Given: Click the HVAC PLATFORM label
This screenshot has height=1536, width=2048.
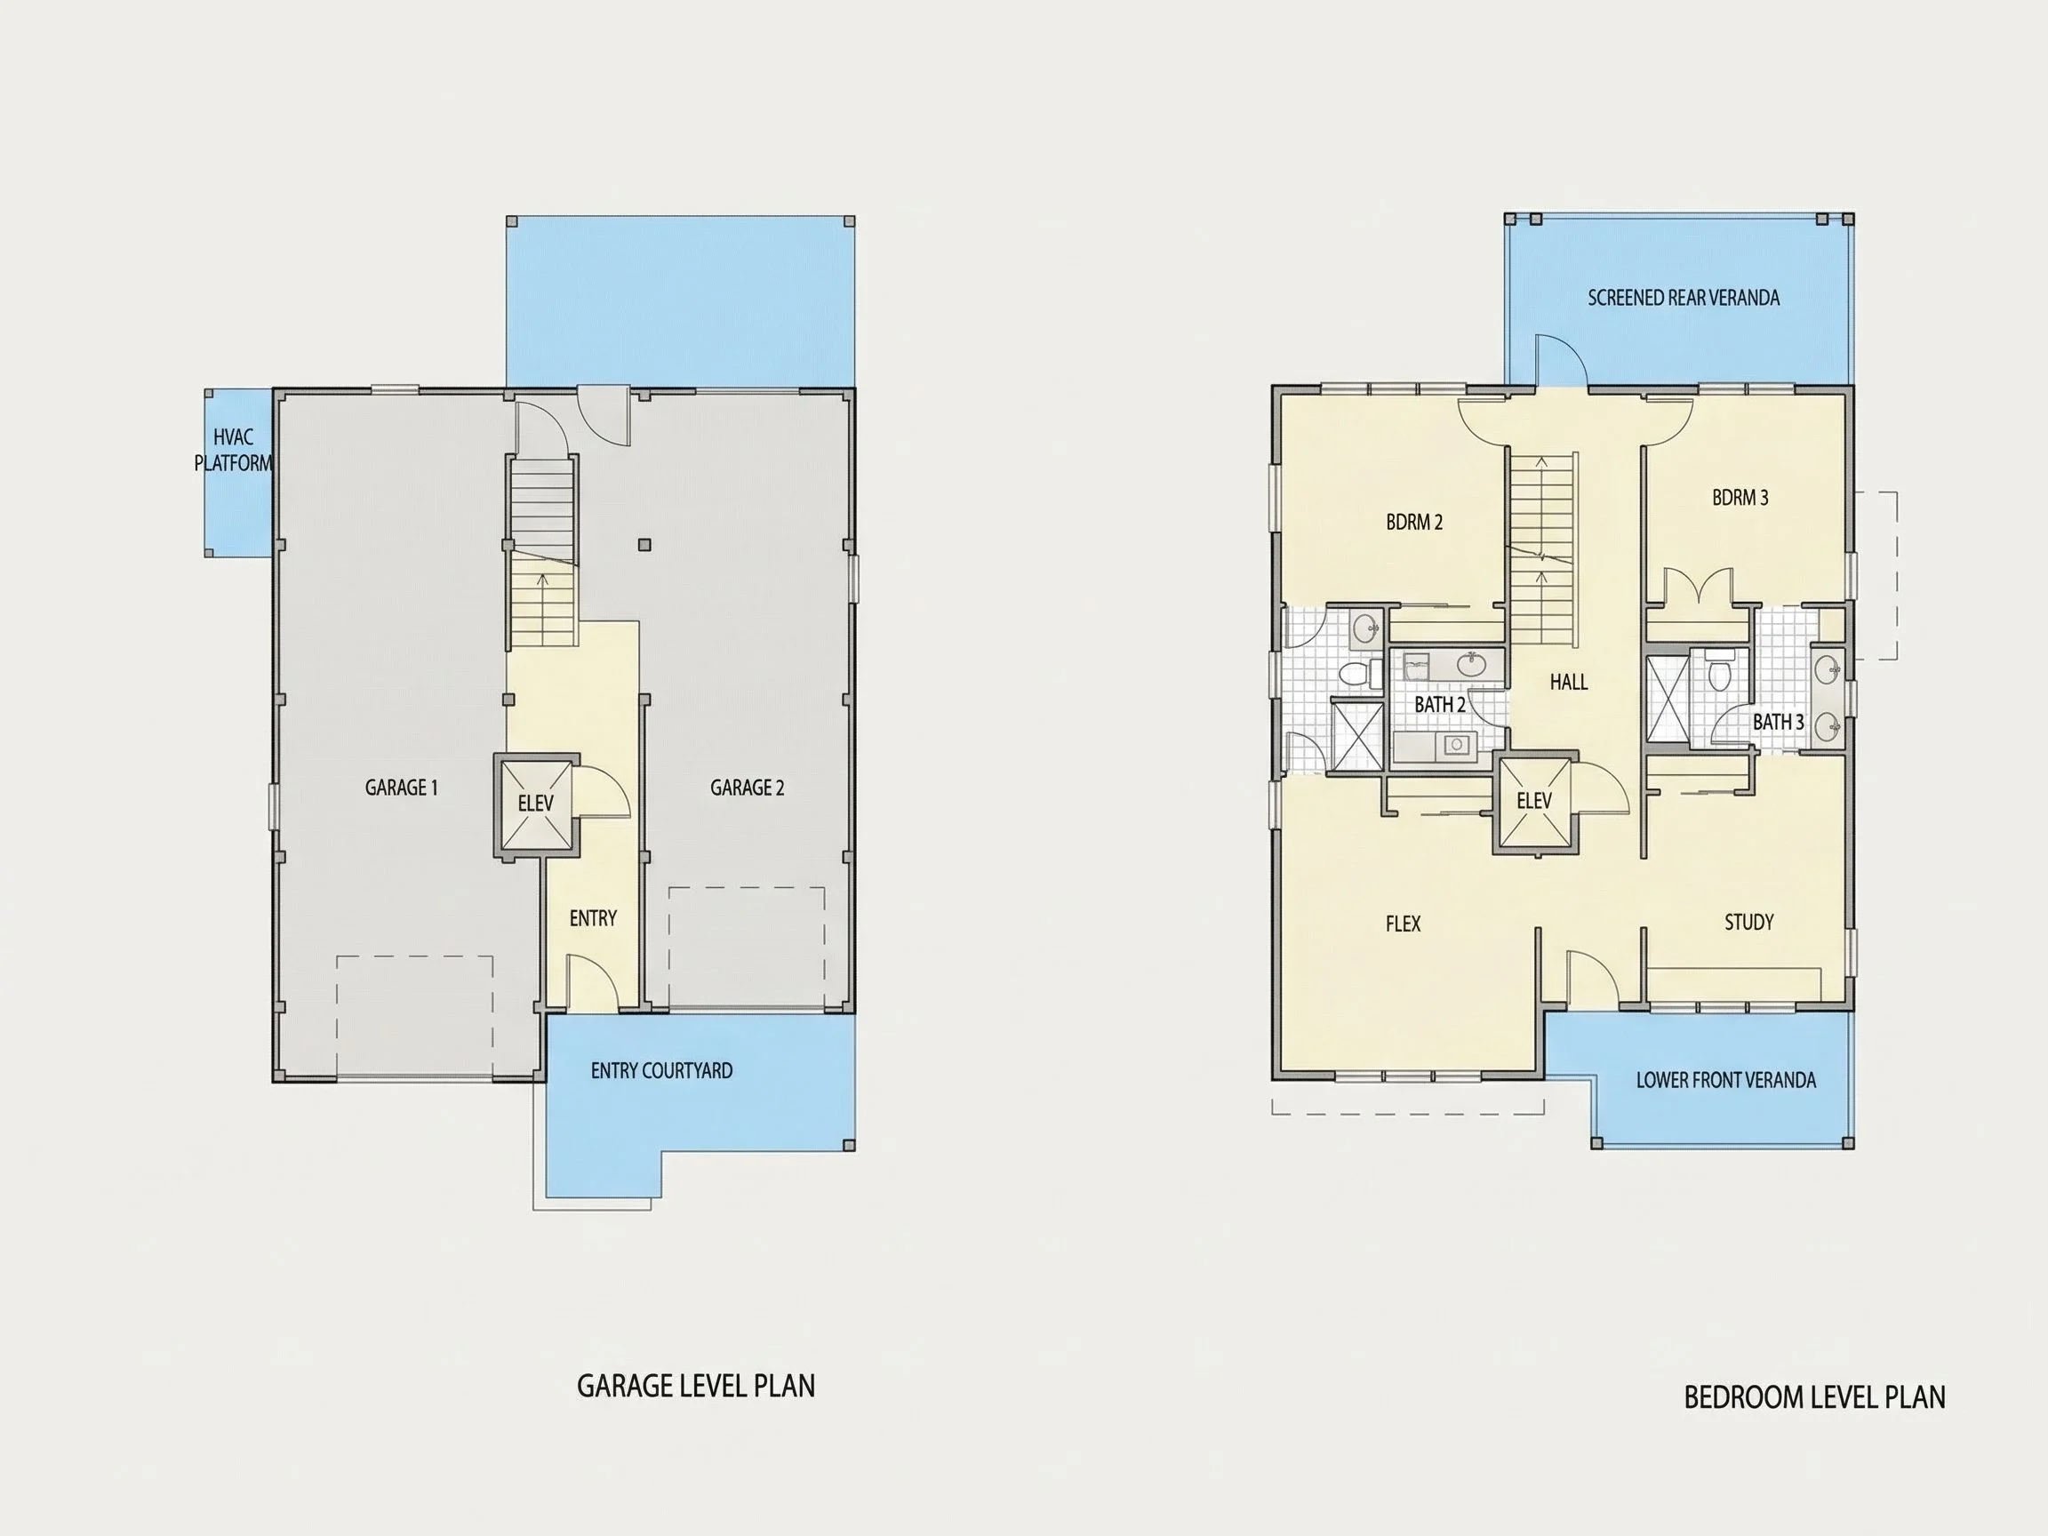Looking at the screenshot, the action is click(x=233, y=450).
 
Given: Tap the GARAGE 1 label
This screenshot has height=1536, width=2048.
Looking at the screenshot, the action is click(x=401, y=788).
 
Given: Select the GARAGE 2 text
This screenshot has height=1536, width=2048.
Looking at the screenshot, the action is click(x=748, y=788).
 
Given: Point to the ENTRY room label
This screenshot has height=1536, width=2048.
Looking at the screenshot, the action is click(x=593, y=918).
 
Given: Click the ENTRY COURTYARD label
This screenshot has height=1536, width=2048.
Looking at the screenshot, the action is click(x=661, y=1071).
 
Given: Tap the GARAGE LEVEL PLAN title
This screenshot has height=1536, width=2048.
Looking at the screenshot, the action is click(x=696, y=1386).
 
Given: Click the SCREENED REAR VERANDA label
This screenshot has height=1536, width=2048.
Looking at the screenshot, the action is click(x=1684, y=298).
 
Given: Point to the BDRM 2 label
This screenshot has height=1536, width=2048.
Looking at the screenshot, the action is click(x=1414, y=522).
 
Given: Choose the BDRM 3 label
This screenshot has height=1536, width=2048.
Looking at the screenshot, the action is click(x=1740, y=498).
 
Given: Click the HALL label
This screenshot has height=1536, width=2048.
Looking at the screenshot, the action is click(x=1568, y=683).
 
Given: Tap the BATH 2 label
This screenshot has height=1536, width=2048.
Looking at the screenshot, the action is click(x=1440, y=705).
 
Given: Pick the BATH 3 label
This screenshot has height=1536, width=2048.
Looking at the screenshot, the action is click(x=1778, y=722).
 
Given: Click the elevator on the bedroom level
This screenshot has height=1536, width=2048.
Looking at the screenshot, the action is click(x=1534, y=801).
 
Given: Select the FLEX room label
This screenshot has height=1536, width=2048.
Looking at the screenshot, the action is click(x=1403, y=924).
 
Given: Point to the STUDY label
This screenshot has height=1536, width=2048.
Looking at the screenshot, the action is click(x=1749, y=922).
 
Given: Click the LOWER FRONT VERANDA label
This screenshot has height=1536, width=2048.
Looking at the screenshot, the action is click(x=1726, y=1081).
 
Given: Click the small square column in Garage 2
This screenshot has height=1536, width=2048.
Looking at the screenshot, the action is click(x=645, y=545).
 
